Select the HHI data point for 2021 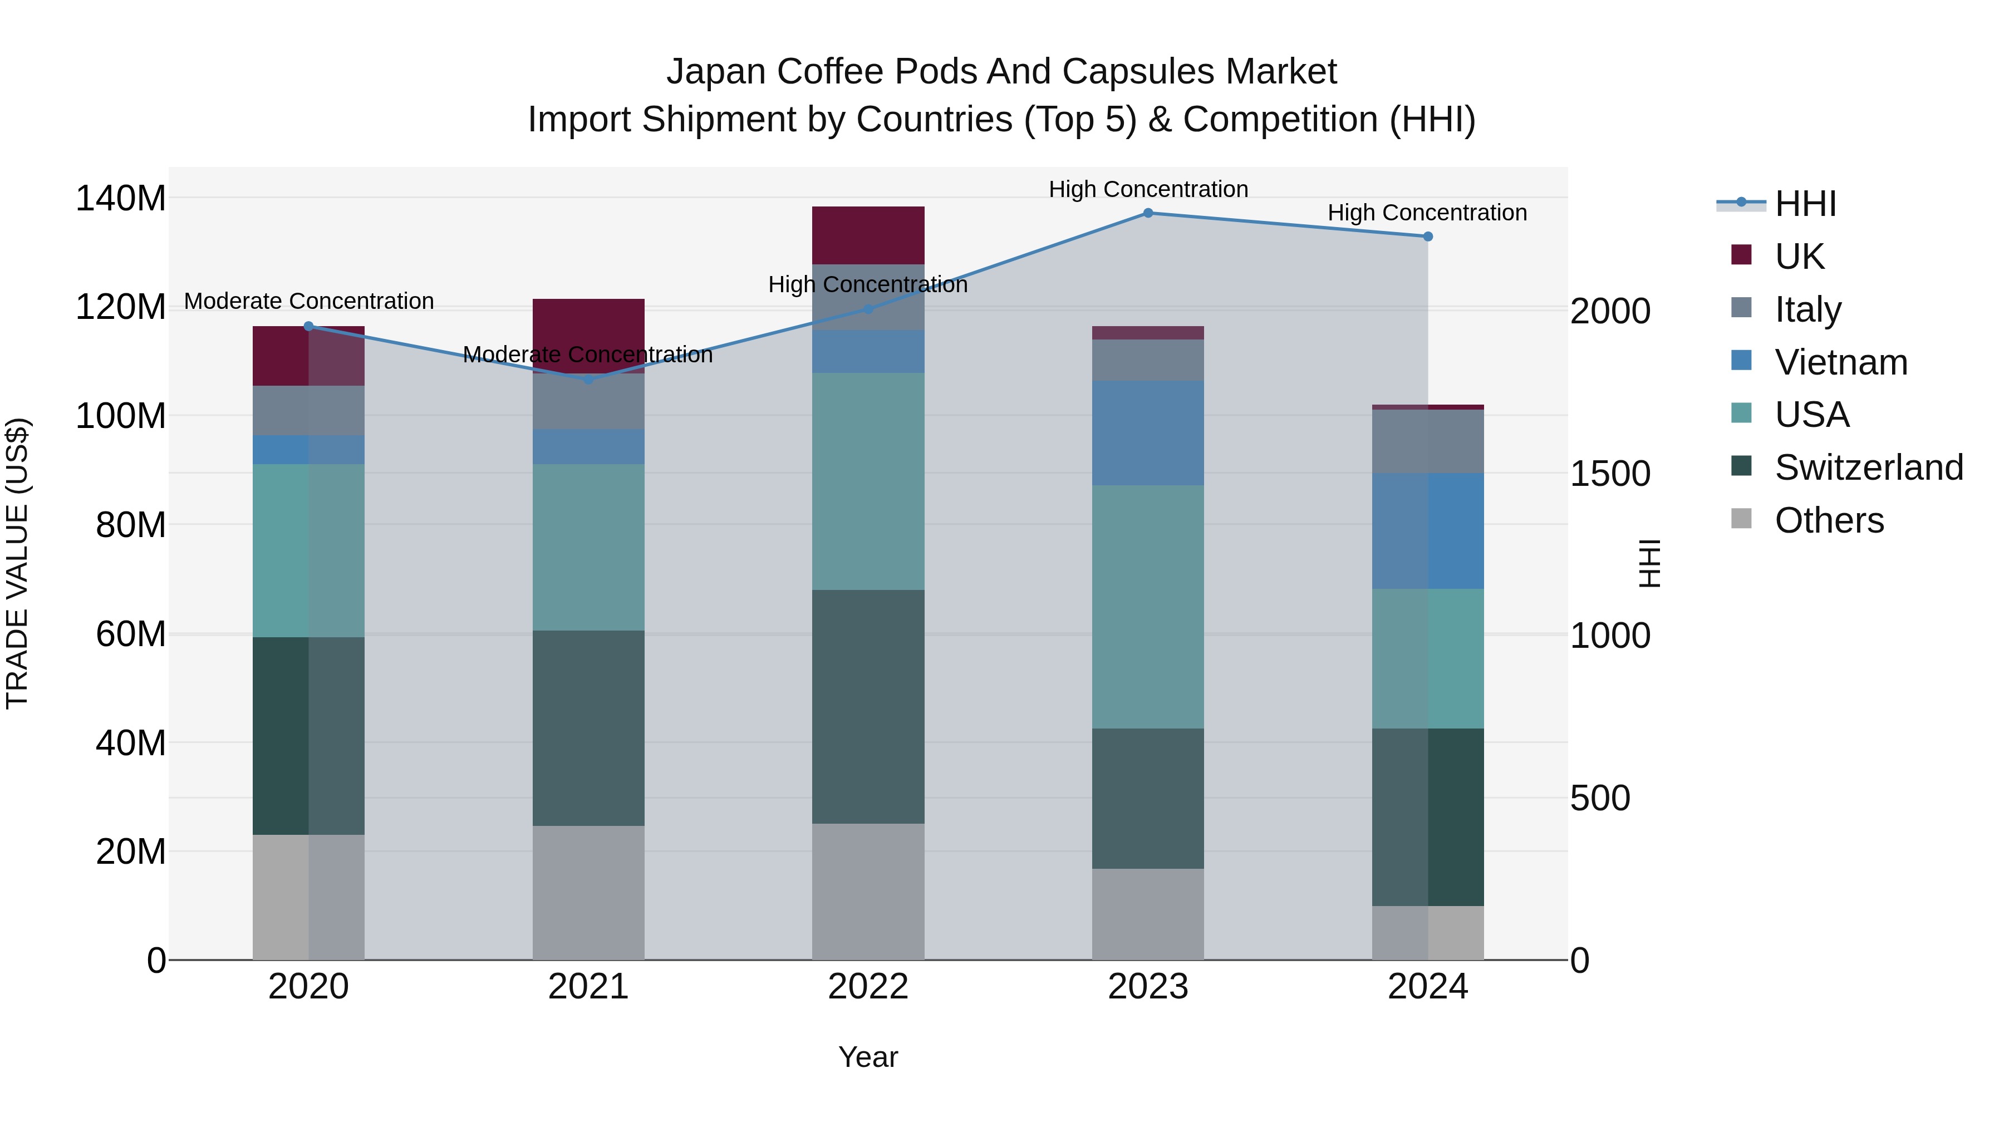(x=588, y=380)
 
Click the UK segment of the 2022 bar (x=868, y=235)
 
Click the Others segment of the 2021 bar (x=588, y=892)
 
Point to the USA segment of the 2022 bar (x=868, y=481)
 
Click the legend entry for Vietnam (x=1841, y=362)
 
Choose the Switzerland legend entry (x=1869, y=467)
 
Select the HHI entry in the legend (x=1805, y=204)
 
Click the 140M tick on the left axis (x=121, y=198)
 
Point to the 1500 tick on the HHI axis (x=1609, y=474)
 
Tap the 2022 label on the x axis (x=868, y=987)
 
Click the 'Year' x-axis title (x=868, y=1057)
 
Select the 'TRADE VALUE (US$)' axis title (x=17, y=563)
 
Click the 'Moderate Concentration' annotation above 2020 (x=309, y=301)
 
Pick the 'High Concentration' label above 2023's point (x=1148, y=189)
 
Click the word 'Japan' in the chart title (x=716, y=72)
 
